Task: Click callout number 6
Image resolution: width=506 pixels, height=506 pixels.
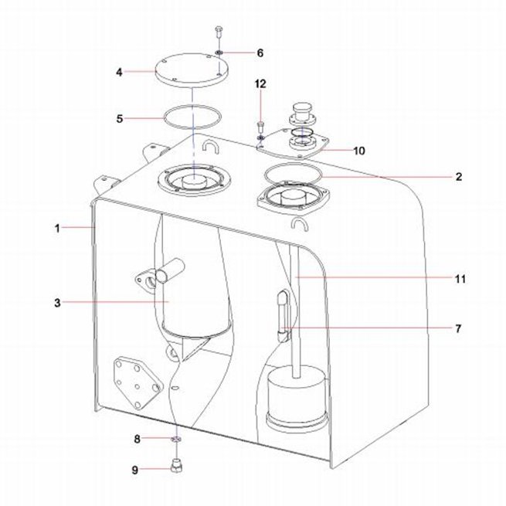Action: pos(260,53)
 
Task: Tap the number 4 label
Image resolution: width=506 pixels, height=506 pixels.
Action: pos(120,73)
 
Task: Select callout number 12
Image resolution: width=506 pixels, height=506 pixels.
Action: pos(260,84)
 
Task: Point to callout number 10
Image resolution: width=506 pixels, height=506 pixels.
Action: pos(359,151)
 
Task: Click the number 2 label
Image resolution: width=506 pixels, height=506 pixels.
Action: pos(459,177)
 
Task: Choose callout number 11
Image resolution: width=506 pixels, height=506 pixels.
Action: pos(460,279)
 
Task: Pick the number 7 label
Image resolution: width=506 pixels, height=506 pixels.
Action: pos(458,329)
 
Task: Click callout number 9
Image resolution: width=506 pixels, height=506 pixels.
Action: pos(135,470)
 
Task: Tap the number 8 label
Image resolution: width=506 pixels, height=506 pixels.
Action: pos(138,440)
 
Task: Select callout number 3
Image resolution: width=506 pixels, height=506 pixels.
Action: pos(57,303)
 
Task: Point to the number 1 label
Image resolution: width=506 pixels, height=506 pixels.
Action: pos(57,229)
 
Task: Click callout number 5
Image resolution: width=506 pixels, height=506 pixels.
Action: pos(120,119)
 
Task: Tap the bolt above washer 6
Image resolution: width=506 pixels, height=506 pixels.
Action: pos(219,32)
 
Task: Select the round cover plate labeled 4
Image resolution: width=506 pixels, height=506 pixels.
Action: pos(192,70)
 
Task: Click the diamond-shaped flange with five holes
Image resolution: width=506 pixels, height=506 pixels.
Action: pos(138,382)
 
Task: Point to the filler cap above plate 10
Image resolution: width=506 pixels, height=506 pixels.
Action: pos(303,114)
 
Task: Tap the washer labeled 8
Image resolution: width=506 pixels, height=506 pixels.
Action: pos(176,439)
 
